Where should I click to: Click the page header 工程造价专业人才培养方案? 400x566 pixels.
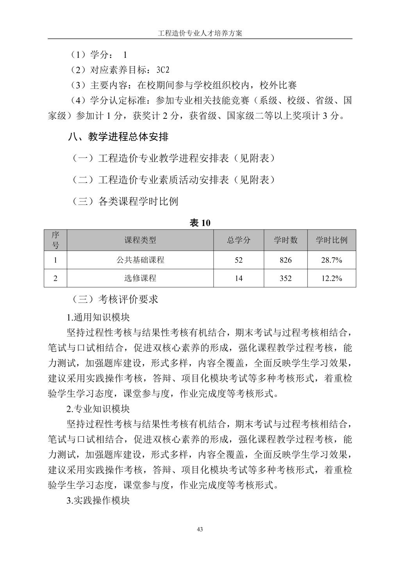click(x=200, y=33)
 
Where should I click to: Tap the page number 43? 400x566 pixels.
click(x=200, y=530)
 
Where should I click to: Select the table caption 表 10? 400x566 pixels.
click(x=200, y=223)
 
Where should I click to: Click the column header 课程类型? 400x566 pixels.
click(x=140, y=240)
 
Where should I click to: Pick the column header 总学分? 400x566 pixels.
click(x=239, y=240)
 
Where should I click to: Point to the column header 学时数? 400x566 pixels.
click(x=286, y=240)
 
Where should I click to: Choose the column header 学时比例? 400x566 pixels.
click(x=331, y=240)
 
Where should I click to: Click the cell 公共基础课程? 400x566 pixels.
click(x=140, y=260)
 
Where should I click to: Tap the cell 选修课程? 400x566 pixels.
click(x=140, y=278)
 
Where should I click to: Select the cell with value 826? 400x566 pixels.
click(x=286, y=260)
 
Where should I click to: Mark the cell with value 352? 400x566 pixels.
click(x=286, y=278)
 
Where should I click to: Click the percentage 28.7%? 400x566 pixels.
click(x=331, y=260)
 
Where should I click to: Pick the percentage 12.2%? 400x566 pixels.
click(x=331, y=278)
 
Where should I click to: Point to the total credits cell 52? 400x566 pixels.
click(x=239, y=260)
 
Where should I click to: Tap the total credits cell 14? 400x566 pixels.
click(x=239, y=278)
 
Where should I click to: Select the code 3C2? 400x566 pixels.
click(x=163, y=70)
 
